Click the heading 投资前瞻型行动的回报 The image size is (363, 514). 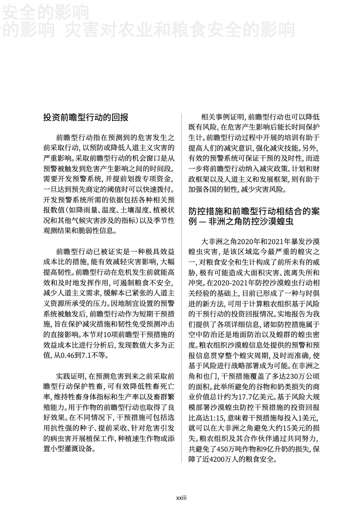(x=86, y=118)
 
